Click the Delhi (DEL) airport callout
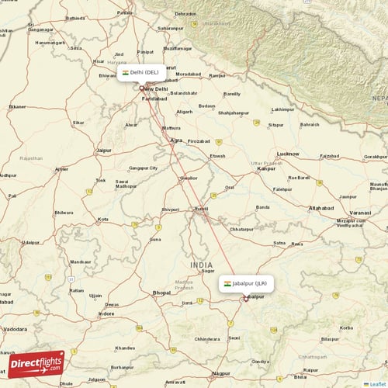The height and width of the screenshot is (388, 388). pos(140,72)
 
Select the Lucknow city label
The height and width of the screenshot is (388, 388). pos(288,154)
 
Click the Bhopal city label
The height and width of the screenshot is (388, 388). pos(161,292)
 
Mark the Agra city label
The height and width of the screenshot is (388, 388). pos(178,141)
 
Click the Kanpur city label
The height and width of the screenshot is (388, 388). pos(268,168)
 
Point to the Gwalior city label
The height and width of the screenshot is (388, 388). pos(188,177)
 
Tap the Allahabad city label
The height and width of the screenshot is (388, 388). pos(320,209)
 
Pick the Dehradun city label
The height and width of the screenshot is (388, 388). pos(185,14)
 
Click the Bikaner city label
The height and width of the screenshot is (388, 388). pos(17,106)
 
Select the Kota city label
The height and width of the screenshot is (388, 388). pos(103,220)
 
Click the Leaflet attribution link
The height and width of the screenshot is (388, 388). pos(376,383)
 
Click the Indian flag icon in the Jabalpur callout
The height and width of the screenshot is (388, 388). pos(227,284)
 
